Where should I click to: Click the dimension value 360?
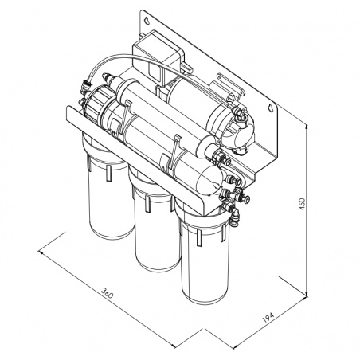coord(109,295)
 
